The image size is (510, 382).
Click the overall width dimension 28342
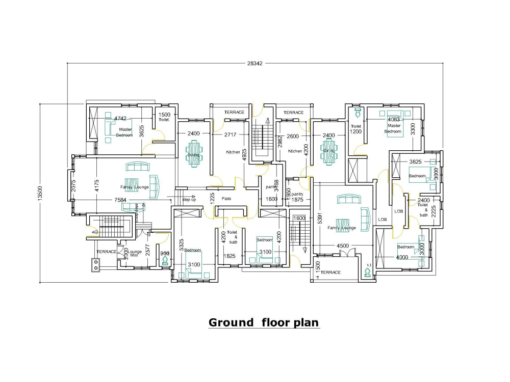point(255,64)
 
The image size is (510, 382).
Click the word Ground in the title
point(231,322)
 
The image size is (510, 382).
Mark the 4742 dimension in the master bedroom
point(120,118)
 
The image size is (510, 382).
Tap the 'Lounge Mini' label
point(135,254)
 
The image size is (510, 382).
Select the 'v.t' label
point(368,265)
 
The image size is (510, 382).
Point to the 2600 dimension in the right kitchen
point(293,136)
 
